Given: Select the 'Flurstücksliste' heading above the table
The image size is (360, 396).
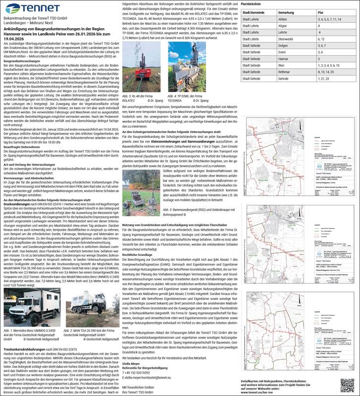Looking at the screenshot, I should click(251, 3).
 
